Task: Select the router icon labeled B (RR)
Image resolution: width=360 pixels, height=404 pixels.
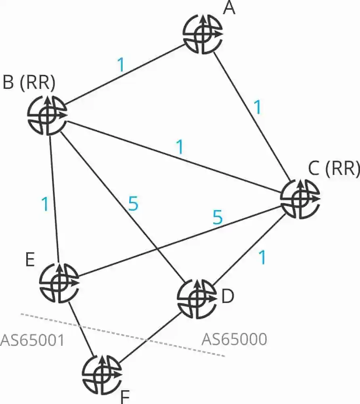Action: (x=47, y=115)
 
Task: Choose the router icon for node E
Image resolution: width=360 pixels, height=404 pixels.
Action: (x=59, y=282)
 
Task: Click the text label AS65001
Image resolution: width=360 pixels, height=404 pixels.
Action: (x=32, y=340)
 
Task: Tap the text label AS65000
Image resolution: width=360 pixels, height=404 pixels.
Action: (x=234, y=339)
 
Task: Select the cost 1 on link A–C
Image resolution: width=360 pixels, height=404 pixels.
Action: (x=257, y=107)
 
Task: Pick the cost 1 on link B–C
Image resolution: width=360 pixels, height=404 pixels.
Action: (x=180, y=148)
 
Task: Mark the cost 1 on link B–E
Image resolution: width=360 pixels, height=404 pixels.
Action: (x=45, y=204)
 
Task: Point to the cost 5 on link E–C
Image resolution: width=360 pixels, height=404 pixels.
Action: (x=217, y=217)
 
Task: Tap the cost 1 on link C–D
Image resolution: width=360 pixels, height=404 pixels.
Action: (x=262, y=257)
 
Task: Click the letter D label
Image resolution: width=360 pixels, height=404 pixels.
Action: (x=228, y=297)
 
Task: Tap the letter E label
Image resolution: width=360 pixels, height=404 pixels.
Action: (x=29, y=260)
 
